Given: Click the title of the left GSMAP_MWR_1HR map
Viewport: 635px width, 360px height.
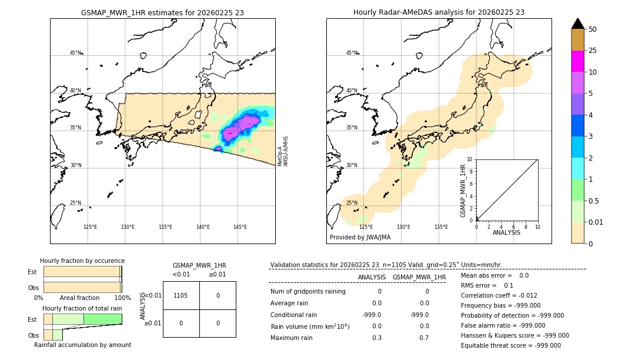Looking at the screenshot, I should pos(162,12).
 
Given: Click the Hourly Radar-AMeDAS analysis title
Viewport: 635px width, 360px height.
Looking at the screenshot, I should pos(439,12).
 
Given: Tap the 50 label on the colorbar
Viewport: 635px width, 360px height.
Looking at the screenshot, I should pos(593,29).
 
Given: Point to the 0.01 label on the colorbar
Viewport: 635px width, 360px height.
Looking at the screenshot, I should pos(596,222).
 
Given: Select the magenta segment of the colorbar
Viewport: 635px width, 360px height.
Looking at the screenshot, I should pos(577,61).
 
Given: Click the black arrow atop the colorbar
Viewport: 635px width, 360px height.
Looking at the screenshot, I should pos(577,24).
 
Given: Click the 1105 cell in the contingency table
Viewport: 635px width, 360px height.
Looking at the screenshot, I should pos(181,295).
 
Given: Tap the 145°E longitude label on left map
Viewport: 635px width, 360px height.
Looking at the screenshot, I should pos(240,227).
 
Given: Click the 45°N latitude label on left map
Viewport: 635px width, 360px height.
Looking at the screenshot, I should pos(75,53).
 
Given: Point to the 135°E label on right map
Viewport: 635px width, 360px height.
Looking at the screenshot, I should pos(441,227).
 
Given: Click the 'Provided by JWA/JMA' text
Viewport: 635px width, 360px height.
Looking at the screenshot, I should pos(360,237).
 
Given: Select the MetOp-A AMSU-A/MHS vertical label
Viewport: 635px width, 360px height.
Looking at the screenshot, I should pos(283,151).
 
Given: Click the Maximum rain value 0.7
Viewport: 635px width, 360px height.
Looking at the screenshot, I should pos(424,338).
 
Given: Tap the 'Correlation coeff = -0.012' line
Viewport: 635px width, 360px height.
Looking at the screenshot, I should pos(499,295).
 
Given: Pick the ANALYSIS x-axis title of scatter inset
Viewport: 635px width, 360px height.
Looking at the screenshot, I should pos(506,232).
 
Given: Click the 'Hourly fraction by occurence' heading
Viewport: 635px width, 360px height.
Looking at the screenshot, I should pos(82,261).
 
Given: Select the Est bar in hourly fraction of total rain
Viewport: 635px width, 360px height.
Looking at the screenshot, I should pos(82,319).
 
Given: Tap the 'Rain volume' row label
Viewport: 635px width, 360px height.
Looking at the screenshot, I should pos(310,326).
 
